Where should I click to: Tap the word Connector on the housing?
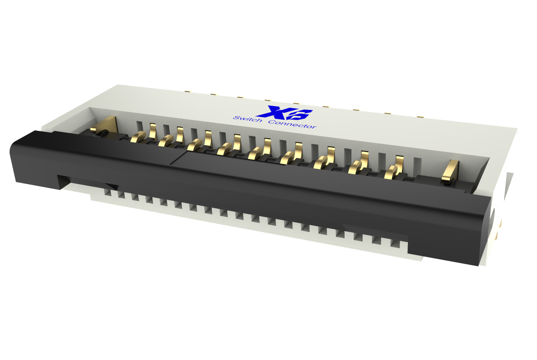(x=292, y=124)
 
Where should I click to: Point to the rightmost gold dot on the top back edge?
(x=420, y=117)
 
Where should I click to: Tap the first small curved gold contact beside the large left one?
(x=138, y=137)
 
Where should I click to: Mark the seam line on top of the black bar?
(x=178, y=158)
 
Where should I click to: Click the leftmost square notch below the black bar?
(x=107, y=193)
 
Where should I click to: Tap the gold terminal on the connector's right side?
(x=499, y=228)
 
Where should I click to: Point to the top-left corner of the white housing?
(x=118, y=85)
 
